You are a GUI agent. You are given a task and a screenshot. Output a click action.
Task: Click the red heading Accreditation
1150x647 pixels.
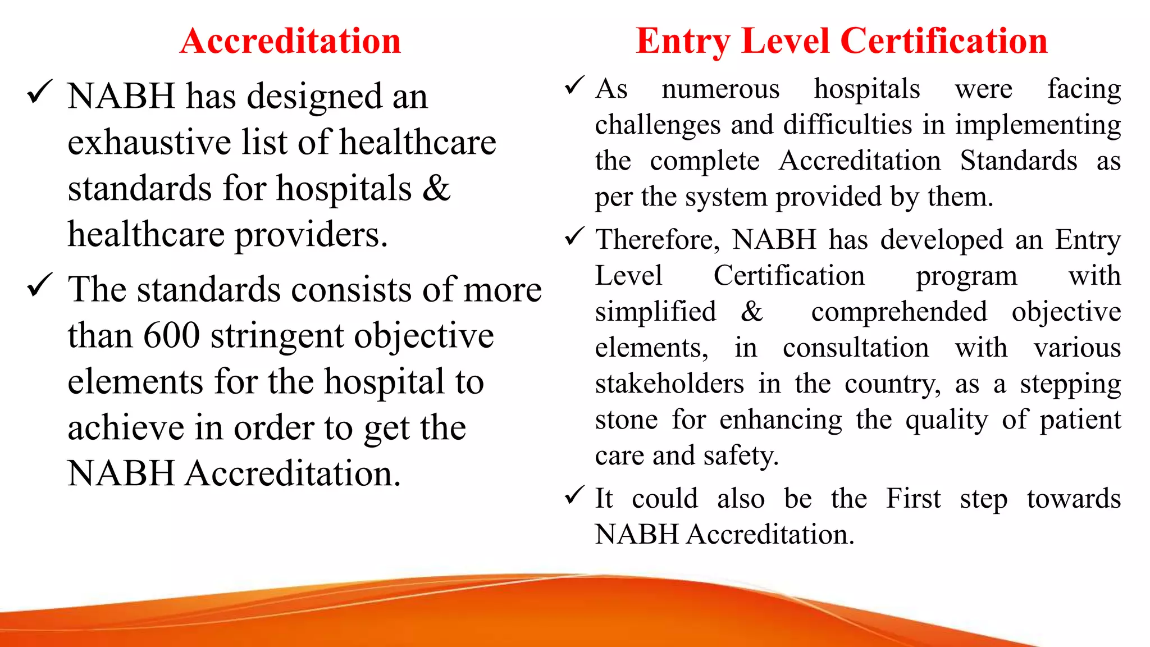290,41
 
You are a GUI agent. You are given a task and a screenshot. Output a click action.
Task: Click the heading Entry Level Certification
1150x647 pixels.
841,41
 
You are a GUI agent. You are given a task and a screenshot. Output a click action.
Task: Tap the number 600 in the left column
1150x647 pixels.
171,335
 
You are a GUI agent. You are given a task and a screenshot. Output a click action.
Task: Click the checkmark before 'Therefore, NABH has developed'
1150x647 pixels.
575,236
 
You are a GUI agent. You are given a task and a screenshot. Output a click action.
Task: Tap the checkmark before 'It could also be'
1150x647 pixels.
575,495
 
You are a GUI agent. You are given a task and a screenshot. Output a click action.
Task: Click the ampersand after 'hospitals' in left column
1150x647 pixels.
436,188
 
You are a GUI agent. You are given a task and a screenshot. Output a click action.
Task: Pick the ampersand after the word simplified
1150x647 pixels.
752,312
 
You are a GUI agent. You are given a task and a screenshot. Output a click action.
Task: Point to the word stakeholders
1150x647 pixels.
669,384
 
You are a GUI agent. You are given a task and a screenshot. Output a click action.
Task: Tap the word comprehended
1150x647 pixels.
899,312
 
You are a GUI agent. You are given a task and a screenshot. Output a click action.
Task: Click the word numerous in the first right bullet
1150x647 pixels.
720,89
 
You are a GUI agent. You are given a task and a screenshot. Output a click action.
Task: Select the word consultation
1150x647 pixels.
856,348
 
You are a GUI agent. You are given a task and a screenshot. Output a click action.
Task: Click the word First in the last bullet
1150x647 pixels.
913,499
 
